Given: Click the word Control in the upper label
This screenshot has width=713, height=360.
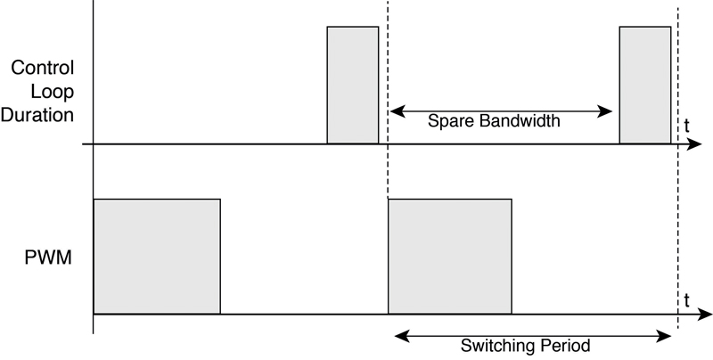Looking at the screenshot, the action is coord(42,68).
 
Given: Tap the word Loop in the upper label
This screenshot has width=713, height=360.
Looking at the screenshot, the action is coord(53,92).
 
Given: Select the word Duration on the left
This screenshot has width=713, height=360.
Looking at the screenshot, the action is coord(37,115).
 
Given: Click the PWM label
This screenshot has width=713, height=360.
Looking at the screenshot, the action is coord(48,258).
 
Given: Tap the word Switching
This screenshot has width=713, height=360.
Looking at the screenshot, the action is coord(494,346).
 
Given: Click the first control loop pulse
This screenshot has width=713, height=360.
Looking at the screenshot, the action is coord(353,85).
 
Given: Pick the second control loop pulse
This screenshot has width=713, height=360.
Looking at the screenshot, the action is coord(645,85).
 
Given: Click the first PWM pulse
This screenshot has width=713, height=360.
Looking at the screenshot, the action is coord(157,257).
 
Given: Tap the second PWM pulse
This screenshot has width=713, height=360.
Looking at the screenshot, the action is coord(450,257).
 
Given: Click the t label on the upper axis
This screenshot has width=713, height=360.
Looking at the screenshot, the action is coord(686,126).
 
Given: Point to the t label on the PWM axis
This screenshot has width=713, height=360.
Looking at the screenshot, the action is coord(686,300).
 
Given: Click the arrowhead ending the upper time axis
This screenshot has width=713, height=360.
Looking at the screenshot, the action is coord(694,144).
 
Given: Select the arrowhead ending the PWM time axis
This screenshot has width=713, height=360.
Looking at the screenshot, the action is coord(704,314).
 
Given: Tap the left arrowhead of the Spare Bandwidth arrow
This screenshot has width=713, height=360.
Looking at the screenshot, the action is coord(397,110).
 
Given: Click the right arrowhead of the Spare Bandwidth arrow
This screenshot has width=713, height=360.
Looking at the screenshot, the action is coord(604,110).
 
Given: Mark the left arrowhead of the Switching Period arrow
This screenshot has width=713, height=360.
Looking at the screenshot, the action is coord(403,336).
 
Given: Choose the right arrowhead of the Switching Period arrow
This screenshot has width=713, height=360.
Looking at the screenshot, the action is coord(663,336).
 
